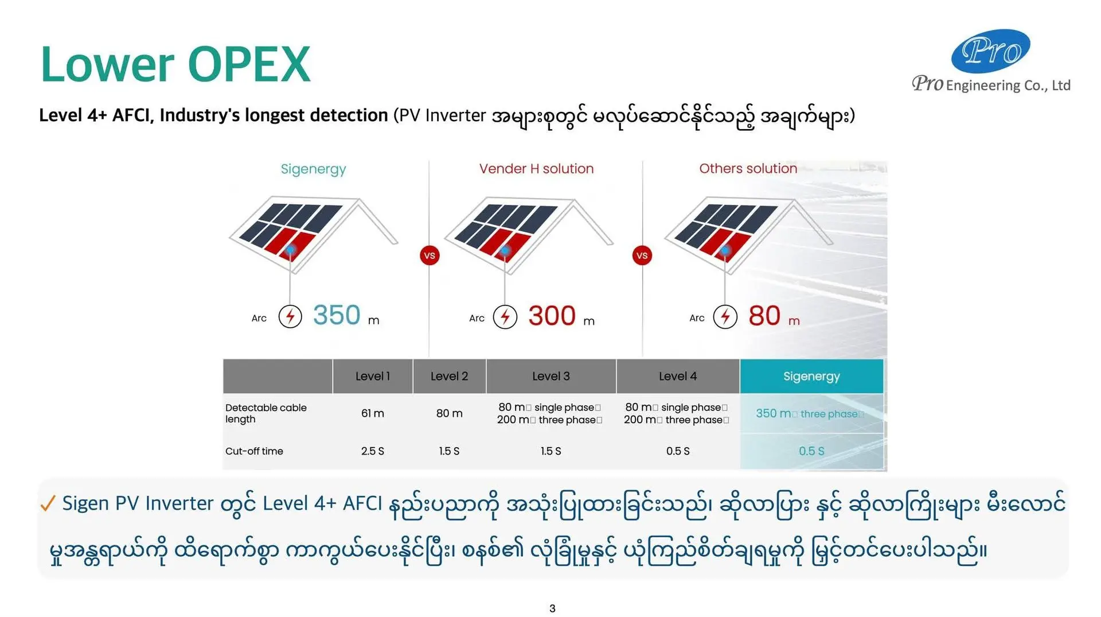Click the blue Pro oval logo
pos(990,51)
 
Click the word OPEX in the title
pos(249,64)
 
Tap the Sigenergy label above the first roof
pos(313,169)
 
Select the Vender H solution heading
pos(536,169)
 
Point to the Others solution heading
pos(748,169)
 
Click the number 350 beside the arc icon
pos(337,315)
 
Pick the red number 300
pos(552,316)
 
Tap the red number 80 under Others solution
pos(764,316)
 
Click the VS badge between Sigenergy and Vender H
pos(430,255)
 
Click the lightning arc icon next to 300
pos(505,316)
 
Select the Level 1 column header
pos(373,377)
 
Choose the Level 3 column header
pos(551,377)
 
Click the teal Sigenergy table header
pos(811,377)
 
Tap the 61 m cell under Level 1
pos(373,413)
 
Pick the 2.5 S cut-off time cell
pos(373,451)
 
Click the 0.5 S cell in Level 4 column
pos(678,451)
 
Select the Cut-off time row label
pos(254,451)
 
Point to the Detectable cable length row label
pos(266,413)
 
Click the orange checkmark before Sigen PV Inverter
pos(48,503)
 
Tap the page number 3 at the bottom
pos(552,608)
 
